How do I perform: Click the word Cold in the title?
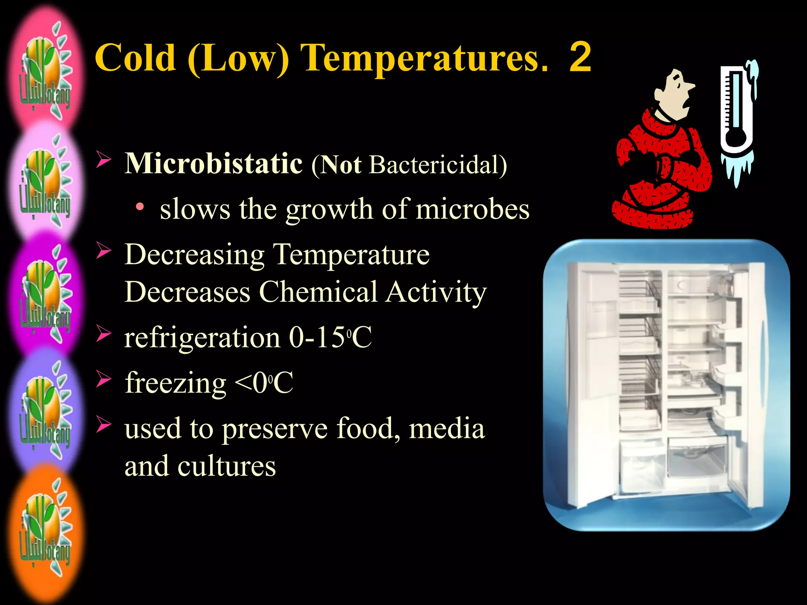tap(135, 58)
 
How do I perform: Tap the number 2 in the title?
tap(580, 58)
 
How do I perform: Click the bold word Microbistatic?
tap(214, 163)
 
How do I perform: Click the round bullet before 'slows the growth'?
tap(139, 207)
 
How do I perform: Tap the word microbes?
tap(472, 209)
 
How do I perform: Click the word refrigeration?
tap(202, 338)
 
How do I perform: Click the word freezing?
tap(175, 383)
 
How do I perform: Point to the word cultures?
tap(226, 466)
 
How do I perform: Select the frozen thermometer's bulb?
tap(735, 142)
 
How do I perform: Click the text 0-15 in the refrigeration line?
tap(318, 338)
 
